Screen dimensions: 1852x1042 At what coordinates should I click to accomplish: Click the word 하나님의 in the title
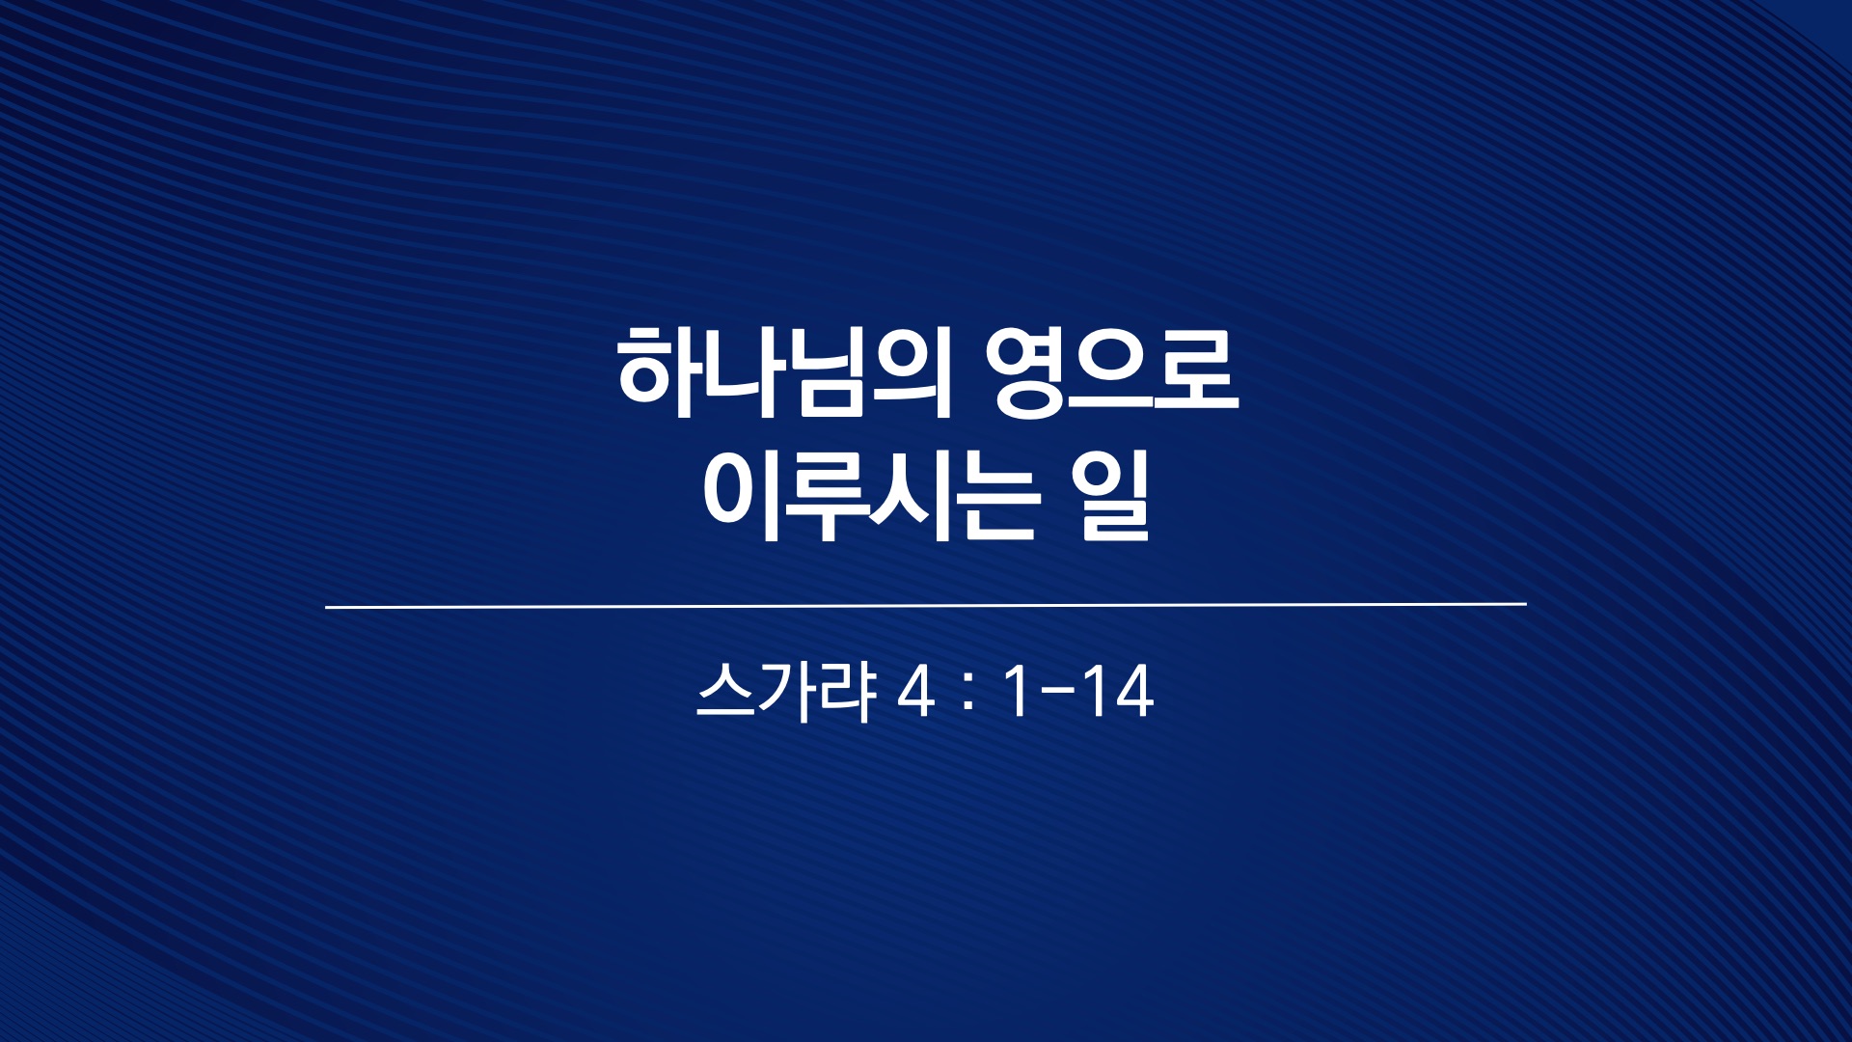(785, 372)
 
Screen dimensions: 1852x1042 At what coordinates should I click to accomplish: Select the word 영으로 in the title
(1112, 372)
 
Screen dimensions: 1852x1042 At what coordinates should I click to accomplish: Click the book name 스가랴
(785, 692)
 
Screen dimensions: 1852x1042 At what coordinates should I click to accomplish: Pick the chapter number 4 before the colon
(915, 692)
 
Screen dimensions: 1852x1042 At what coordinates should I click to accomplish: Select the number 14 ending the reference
(1118, 692)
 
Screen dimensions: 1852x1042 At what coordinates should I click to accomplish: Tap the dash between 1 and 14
(1058, 694)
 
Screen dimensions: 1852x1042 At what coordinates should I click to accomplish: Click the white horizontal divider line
(926, 606)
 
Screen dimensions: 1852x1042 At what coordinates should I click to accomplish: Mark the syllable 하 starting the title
(659, 372)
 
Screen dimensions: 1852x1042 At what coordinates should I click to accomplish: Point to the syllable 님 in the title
(826, 372)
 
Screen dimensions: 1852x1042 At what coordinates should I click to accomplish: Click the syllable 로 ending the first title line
(1196, 372)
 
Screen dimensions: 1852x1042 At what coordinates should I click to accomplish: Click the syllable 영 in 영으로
(1026, 372)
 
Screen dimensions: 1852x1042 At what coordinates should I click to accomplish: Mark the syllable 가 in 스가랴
(787, 692)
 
